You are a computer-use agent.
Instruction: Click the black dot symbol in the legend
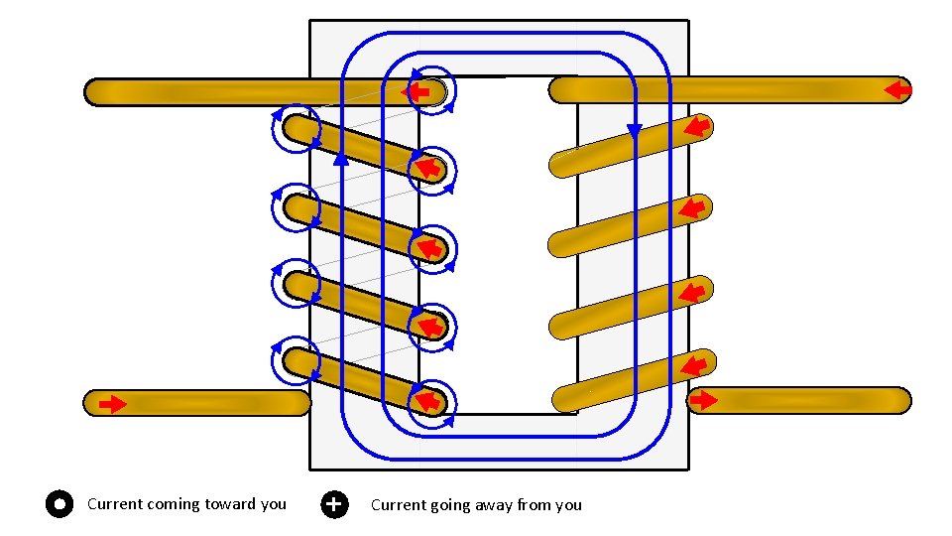[59, 504]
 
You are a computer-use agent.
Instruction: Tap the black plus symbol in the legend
[335, 504]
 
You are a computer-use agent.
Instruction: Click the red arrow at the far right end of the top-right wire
[897, 91]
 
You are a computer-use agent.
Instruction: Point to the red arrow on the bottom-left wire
[113, 404]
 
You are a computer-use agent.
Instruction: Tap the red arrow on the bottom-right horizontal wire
[703, 400]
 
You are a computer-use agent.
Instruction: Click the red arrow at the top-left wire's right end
[416, 92]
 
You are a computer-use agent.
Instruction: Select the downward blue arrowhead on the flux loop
[635, 130]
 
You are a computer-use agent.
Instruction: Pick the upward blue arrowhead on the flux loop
[340, 157]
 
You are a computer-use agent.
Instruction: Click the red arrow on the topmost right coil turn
[697, 126]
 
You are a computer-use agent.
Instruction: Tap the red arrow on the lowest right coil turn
[696, 364]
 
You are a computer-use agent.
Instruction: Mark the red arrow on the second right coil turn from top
[693, 208]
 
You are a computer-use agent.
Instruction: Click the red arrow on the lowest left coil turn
[427, 401]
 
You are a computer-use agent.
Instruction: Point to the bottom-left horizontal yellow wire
[198, 402]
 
